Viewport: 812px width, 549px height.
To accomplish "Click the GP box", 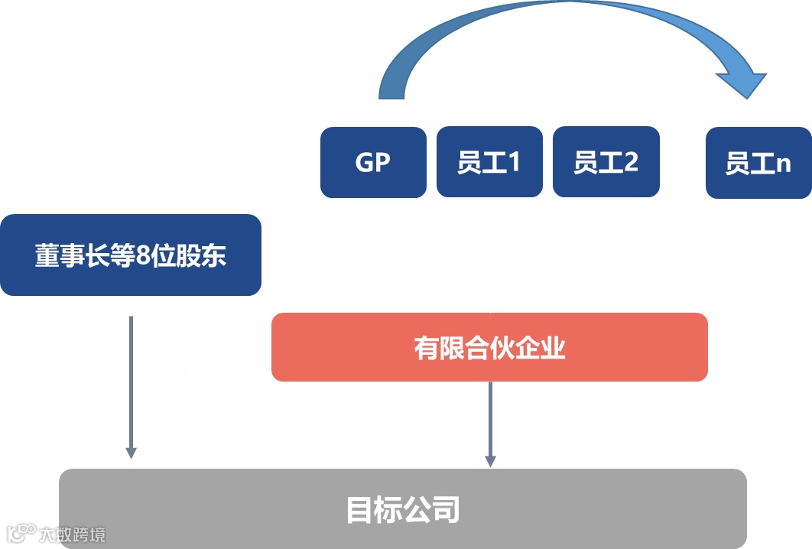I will (373, 162).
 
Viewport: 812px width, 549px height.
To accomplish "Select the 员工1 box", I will (489, 162).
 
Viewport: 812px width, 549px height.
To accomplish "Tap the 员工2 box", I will (606, 162).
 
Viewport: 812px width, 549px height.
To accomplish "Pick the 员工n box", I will (758, 164).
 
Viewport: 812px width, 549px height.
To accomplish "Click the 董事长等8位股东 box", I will (131, 255).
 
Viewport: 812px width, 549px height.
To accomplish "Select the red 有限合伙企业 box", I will (489, 347).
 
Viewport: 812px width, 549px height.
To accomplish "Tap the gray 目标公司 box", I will (403, 508).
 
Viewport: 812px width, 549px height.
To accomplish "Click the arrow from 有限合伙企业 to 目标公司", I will (490, 424).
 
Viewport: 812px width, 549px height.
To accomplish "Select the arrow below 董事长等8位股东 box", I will (131, 386).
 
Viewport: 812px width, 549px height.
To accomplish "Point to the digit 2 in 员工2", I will (630, 162).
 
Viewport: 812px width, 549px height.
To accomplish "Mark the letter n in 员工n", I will (784, 165).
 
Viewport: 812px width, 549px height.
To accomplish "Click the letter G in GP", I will (364, 162).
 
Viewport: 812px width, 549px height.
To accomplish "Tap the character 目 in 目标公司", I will (360, 509).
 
